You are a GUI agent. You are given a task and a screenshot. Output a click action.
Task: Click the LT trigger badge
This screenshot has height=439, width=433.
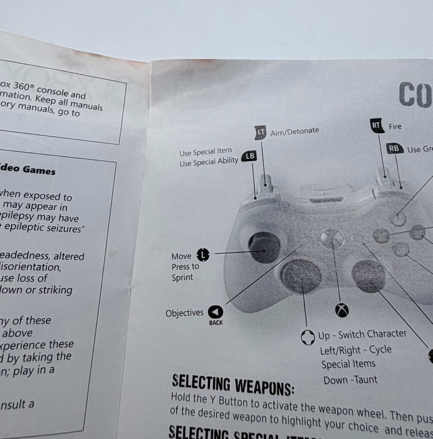[260, 132]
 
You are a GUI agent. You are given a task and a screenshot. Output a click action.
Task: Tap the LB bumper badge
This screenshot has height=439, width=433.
[249, 156]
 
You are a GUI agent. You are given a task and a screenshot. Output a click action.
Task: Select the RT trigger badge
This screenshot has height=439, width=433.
[376, 125]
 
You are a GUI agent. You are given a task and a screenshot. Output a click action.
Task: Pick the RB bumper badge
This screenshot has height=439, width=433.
[394, 148]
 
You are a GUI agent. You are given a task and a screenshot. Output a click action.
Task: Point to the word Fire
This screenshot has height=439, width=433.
[395, 127]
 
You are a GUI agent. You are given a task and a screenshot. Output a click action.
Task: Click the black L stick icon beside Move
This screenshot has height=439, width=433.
[203, 255]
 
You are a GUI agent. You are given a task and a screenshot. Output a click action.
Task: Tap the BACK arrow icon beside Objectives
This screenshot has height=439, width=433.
[216, 312]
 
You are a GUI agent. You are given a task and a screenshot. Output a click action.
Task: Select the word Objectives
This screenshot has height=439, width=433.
[184, 313]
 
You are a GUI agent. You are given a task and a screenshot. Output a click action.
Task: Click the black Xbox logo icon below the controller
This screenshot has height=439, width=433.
[342, 310]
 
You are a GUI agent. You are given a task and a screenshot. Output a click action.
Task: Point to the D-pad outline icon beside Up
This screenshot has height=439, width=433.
[308, 338]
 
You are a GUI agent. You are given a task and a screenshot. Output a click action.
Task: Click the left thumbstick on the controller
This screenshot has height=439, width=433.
[264, 247]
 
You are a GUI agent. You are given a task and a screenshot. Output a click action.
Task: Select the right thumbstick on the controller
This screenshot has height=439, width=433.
[368, 276]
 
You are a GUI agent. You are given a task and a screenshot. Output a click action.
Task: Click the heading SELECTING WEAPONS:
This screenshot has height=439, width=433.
[233, 384]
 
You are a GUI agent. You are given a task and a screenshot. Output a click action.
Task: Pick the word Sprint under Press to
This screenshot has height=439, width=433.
[182, 278]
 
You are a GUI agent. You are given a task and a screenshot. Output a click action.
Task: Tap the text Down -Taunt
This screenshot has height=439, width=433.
[350, 380]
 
